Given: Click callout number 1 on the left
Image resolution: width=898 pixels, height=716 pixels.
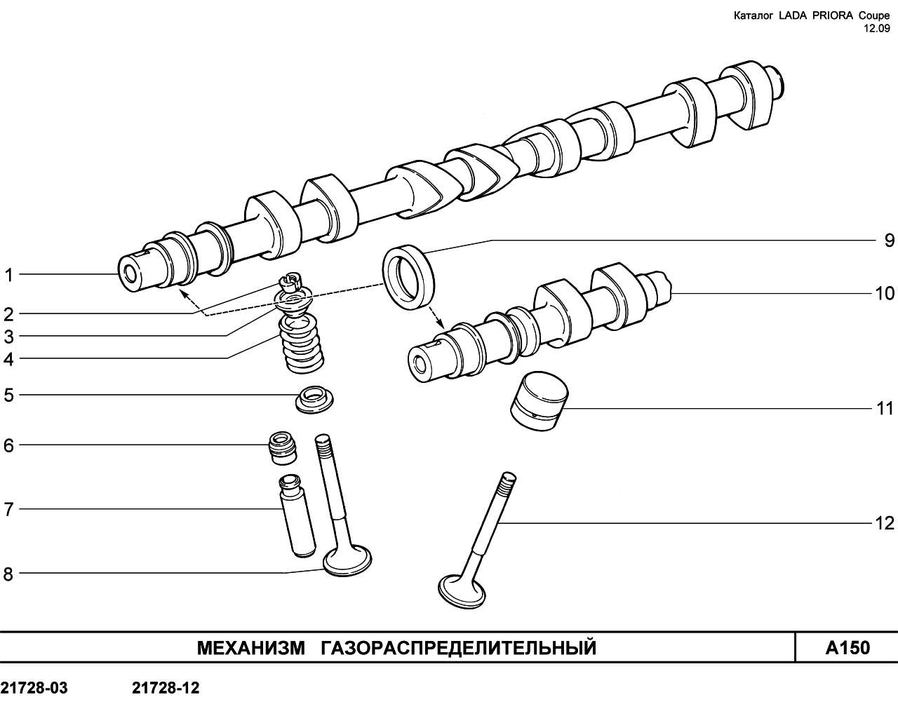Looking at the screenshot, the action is [x=8, y=276].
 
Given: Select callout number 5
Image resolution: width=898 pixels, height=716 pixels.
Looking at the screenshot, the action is [x=8, y=395].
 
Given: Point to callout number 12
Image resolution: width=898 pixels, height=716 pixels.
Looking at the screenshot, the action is [x=884, y=523].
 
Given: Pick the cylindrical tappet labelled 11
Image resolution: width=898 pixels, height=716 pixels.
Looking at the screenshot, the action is [x=539, y=401].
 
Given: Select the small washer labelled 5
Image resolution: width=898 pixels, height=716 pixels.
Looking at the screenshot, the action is [x=314, y=399].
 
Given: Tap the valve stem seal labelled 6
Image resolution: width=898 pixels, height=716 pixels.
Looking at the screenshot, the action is [x=283, y=449].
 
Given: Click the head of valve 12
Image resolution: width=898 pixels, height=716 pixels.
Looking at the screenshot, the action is [x=462, y=592].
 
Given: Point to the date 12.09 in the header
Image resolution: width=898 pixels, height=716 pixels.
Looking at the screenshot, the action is [x=876, y=29].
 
